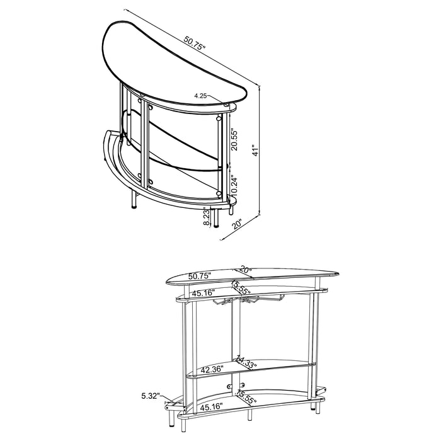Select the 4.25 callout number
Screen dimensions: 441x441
click(x=202, y=96)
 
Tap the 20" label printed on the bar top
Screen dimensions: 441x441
click(x=246, y=270)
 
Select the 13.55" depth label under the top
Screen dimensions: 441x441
click(x=242, y=289)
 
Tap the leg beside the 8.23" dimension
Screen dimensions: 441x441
click(x=217, y=218)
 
